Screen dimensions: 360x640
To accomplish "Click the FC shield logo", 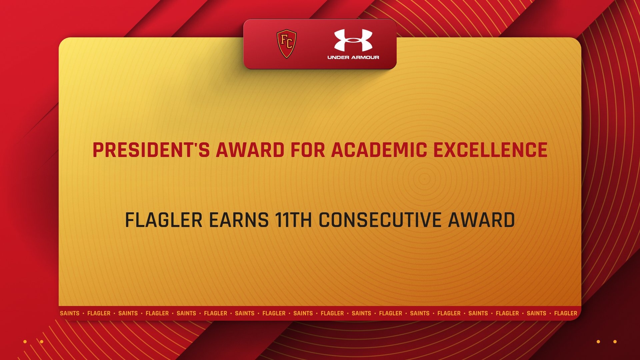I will point(286,44).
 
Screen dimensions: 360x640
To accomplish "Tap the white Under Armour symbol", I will point(353,40).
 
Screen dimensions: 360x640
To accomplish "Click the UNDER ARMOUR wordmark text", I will point(353,57).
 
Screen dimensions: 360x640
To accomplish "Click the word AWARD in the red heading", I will point(250,150).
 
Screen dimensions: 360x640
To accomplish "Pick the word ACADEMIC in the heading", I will point(379,150).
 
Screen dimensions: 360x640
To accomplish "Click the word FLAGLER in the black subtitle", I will point(163,220).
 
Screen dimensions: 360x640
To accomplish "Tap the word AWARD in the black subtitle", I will point(481,220).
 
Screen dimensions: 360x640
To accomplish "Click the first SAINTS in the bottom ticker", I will point(70,313).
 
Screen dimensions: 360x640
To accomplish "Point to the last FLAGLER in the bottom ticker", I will point(565,313).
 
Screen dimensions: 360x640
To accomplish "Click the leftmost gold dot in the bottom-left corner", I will point(25,342).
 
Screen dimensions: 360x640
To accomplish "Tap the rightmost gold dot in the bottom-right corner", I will point(615,342).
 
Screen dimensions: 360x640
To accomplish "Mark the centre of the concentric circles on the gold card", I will point(424,179).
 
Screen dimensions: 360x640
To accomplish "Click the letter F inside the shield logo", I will point(284,40).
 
